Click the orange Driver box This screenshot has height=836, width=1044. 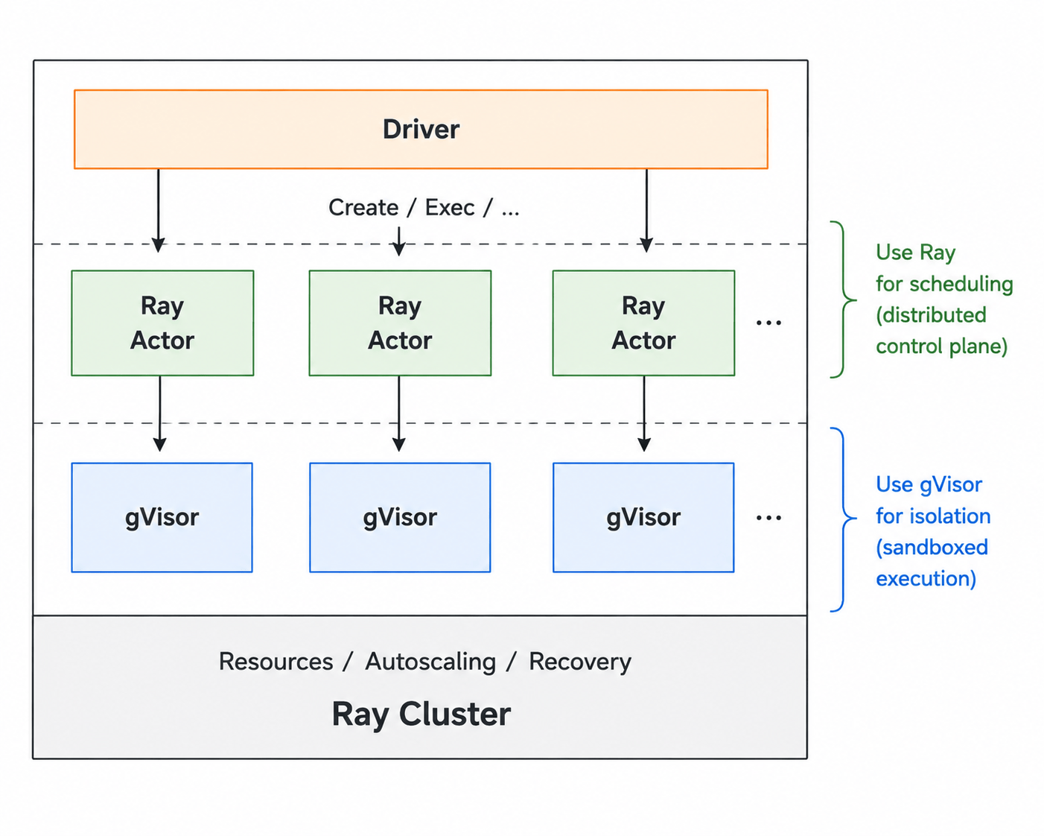[421, 129]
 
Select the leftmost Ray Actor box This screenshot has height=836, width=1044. [162, 323]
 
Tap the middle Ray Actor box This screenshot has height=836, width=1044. [400, 323]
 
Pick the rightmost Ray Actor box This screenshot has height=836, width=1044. [643, 323]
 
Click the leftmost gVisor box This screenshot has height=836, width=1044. [162, 518]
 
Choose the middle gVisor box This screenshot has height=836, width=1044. [400, 518]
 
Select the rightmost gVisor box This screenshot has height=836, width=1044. [643, 518]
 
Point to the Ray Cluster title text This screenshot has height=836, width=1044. [421, 714]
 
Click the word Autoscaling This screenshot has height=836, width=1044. [430, 661]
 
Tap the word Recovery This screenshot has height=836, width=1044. [580, 661]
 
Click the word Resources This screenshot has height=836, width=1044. [276, 661]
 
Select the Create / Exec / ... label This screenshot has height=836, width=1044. [424, 208]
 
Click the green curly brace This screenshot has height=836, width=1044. [844, 300]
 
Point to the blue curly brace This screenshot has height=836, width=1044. [844, 519]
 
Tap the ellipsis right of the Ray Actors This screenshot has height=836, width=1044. [769, 323]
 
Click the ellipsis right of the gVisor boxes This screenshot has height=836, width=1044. [769, 518]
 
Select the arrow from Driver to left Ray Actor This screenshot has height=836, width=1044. [158, 210]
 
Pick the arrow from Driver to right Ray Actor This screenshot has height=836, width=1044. [646, 210]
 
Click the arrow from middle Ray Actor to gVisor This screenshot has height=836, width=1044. [399, 414]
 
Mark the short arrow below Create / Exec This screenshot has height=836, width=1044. [399, 241]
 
